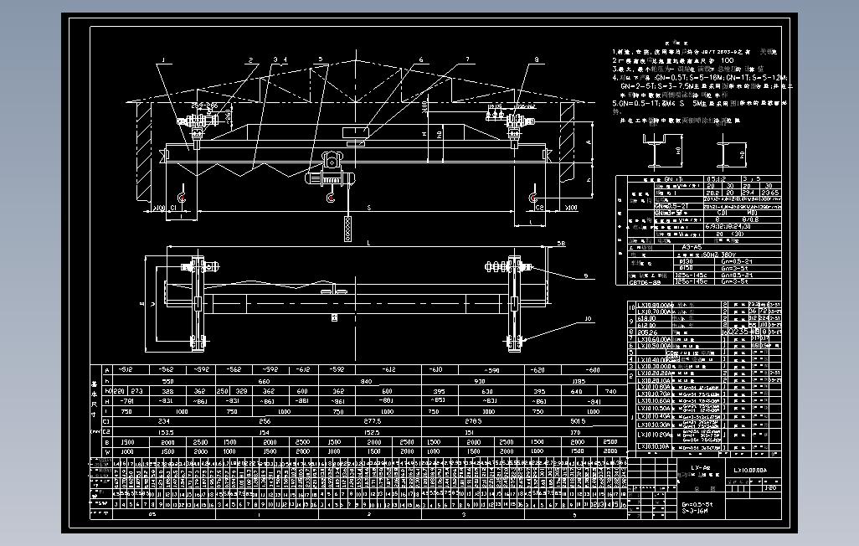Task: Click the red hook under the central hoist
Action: click(332, 198)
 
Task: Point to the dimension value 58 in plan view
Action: click(559, 243)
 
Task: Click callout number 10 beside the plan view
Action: click(588, 318)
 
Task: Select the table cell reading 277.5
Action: click(373, 421)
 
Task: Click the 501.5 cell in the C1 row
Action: click(577, 421)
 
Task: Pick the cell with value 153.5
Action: click(164, 432)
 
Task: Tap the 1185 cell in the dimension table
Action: click(578, 381)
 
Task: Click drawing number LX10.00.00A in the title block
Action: click(755, 471)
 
